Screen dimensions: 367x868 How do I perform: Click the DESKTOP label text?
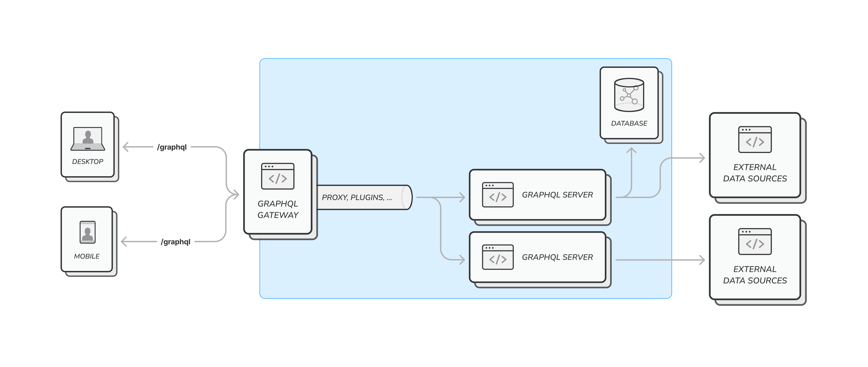[x=88, y=161]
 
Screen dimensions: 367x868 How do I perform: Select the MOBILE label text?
[x=87, y=256]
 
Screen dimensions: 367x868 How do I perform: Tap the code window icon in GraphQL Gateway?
[x=278, y=176]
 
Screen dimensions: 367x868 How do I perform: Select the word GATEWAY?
[x=278, y=215]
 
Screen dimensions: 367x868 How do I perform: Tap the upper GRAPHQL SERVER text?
[x=557, y=195]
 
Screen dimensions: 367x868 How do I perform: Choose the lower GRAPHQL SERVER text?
[x=557, y=257]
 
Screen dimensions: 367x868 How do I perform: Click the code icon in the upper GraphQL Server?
[x=498, y=195]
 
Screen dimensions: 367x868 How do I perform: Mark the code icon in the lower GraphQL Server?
[x=498, y=257]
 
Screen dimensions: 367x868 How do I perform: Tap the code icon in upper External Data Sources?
[x=755, y=140]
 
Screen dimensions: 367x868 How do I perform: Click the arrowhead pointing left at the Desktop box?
[x=125, y=147]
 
